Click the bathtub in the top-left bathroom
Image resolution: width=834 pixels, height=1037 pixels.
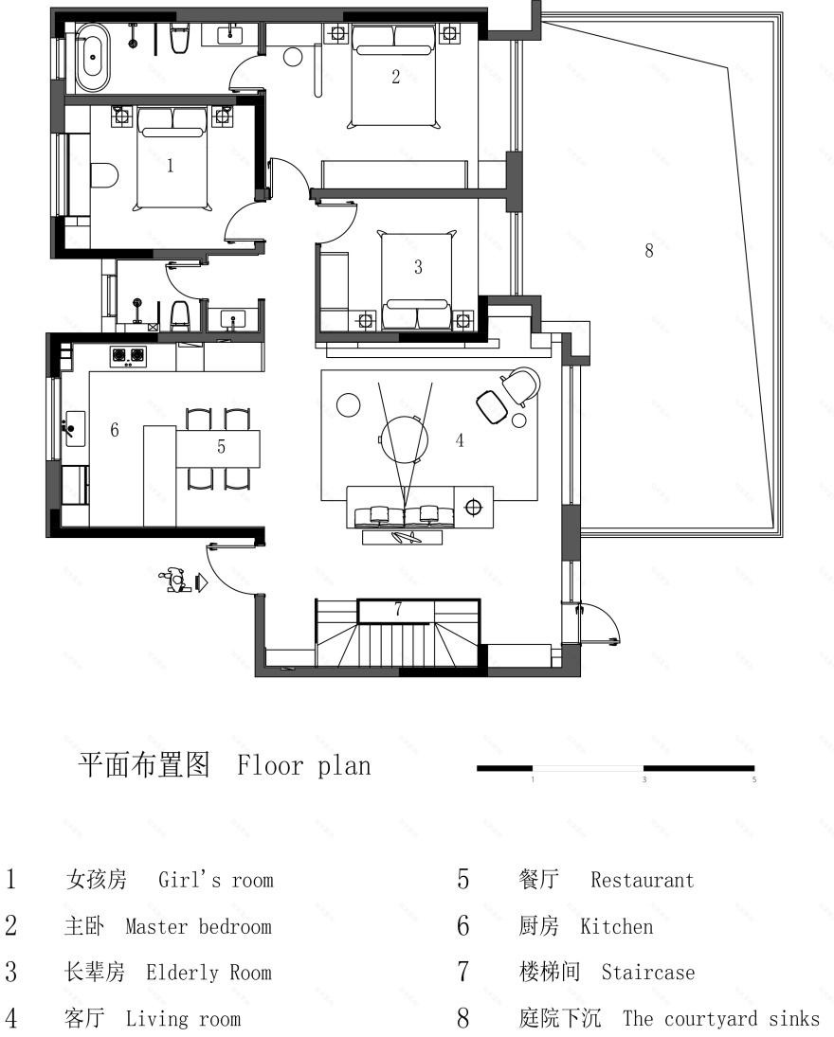pos(92,56)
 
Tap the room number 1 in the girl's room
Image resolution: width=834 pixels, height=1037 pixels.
pos(171,167)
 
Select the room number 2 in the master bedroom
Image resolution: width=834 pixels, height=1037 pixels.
pos(396,78)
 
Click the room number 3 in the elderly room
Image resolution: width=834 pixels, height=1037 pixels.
pos(418,268)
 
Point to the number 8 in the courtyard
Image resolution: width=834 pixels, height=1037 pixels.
pos(648,251)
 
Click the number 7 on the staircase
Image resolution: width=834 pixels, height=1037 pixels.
pos(398,609)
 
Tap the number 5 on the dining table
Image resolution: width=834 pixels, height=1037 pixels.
pos(221,448)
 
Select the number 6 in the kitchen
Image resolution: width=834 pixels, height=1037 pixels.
pos(114,430)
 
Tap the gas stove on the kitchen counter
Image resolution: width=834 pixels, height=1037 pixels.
pos(130,356)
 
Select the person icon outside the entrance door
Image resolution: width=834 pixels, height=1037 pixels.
pos(173,579)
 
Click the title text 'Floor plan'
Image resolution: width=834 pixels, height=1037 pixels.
pos(304,765)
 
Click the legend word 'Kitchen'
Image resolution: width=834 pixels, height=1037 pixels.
pos(616,926)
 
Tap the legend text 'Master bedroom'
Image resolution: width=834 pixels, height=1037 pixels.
pos(198,926)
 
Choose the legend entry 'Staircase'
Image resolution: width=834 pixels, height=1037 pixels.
pos(647,973)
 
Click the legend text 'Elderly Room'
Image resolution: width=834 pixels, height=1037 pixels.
pos(208,973)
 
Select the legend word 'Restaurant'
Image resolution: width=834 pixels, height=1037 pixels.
pos(642,880)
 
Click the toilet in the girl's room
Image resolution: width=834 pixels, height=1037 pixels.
pos(103,174)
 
